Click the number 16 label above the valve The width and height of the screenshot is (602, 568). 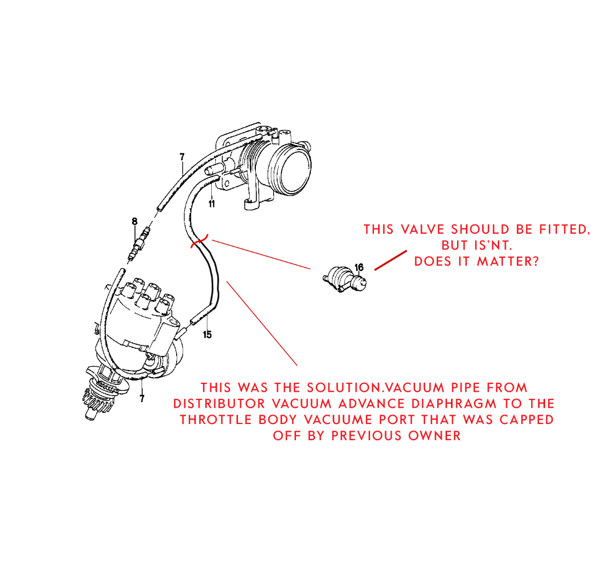point(358,267)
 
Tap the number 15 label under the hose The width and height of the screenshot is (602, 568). point(207,335)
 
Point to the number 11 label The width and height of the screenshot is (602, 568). point(212,204)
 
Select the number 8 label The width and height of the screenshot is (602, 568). point(134,222)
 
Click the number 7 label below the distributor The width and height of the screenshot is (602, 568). point(142,399)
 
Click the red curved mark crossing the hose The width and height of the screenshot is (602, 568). point(200,242)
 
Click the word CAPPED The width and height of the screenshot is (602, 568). point(527,420)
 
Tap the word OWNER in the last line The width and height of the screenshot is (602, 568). point(435,436)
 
